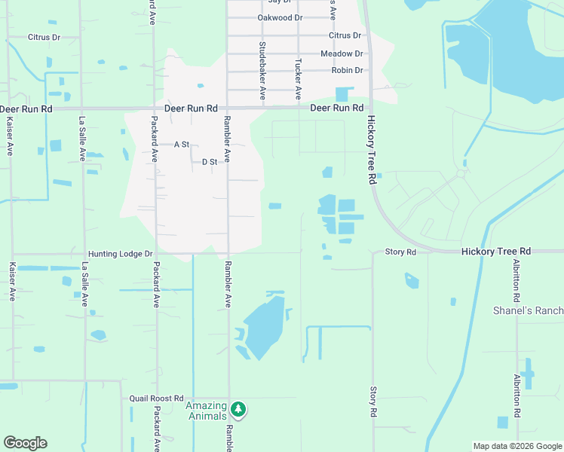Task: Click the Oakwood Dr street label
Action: click(279, 17)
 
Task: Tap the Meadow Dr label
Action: click(342, 53)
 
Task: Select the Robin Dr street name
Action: click(347, 71)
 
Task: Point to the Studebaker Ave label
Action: click(262, 71)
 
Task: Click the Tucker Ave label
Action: click(299, 79)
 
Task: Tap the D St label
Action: click(209, 162)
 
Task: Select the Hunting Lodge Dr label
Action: click(120, 255)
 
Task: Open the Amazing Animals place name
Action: click(206, 411)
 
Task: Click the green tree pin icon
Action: click(239, 409)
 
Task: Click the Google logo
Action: click(25, 443)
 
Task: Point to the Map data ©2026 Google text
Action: click(517, 446)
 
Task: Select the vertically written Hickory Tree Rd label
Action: click(371, 149)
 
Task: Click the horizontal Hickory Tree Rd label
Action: click(496, 251)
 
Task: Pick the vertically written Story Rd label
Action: click(372, 402)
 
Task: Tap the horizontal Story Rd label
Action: click(400, 252)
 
